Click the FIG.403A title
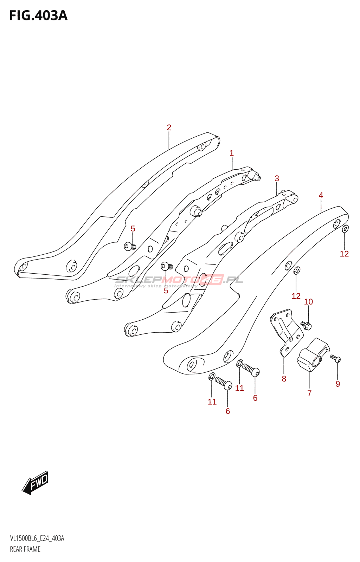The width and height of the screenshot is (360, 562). coord(38,16)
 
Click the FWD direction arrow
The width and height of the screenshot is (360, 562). coord(36,483)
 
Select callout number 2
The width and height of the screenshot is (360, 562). coord(169,128)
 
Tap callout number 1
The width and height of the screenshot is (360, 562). coord(232,153)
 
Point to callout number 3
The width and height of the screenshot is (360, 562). coord(277,178)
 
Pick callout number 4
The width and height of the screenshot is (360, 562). coord(321,195)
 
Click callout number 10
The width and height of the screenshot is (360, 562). coord(308,302)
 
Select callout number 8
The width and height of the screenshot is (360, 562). coord(284,379)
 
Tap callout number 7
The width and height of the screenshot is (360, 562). coord(309,393)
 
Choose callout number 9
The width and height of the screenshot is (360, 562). coord(338,384)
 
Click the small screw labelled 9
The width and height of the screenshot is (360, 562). coord(336,359)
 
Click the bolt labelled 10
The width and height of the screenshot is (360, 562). coord(307,326)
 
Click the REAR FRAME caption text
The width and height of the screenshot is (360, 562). coord(25,549)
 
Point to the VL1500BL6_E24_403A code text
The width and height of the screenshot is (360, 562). coord(37,538)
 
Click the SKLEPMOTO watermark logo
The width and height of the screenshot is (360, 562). coord(179,280)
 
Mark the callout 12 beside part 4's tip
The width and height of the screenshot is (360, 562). coord(344,254)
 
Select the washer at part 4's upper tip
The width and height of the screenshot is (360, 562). coord(345,229)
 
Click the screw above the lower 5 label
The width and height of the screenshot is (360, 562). coord(166,266)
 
